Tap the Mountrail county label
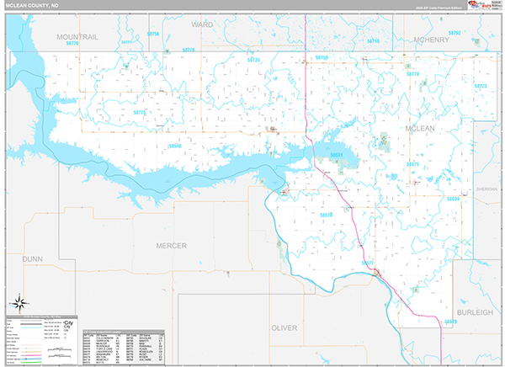point(77,37)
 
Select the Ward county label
point(202,25)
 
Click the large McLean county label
point(420,128)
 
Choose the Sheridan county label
point(486,189)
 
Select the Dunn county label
point(33,259)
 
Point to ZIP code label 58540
point(175,146)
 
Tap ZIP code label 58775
point(140,112)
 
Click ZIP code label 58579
point(450,322)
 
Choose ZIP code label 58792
point(454,32)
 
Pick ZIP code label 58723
point(481,86)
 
